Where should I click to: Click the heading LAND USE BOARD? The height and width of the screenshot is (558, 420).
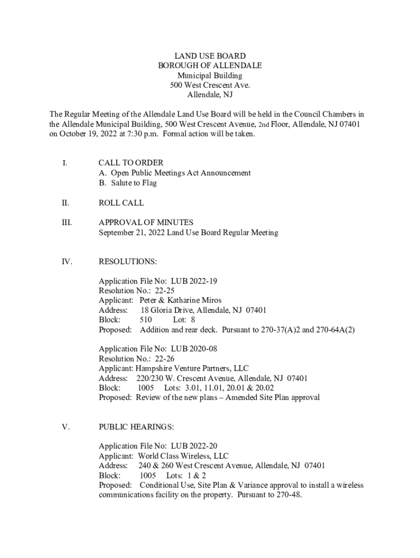pyautogui.click(x=209, y=56)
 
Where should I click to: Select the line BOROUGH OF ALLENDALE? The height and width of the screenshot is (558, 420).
pyautogui.click(x=209, y=65)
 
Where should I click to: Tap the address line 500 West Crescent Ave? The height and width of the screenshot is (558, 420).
pyautogui.click(x=209, y=85)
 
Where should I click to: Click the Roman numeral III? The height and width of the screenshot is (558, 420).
pyautogui.click(x=67, y=222)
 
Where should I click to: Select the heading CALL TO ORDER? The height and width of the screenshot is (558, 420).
pyautogui.click(x=131, y=163)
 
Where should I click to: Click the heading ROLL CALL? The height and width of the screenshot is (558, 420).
pyautogui.click(x=121, y=203)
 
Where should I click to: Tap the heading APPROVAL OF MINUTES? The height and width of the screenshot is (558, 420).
pyautogui.click(x=146, y=222)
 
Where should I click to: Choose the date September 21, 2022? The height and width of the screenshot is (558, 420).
pyautogui.click(x=131, y=233)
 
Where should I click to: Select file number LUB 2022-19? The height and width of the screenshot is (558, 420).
pyautogui.click(x=195, y=281)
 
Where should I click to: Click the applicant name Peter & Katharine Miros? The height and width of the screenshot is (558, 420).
pyautogui.click(x=181, y=300)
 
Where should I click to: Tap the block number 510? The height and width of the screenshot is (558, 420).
pyautogui.click(x=146, y=320)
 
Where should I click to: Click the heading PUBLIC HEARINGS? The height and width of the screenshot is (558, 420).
pyautogui.click(x=136, y=427)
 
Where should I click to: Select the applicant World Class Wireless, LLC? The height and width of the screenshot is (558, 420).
pyautogui.click(x=183, y=456)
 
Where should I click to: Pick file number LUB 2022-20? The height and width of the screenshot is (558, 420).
pyautogui.click(x=195, y=446)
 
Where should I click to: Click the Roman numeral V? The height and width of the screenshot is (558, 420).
pyautogui.click(x=66, y=427)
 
